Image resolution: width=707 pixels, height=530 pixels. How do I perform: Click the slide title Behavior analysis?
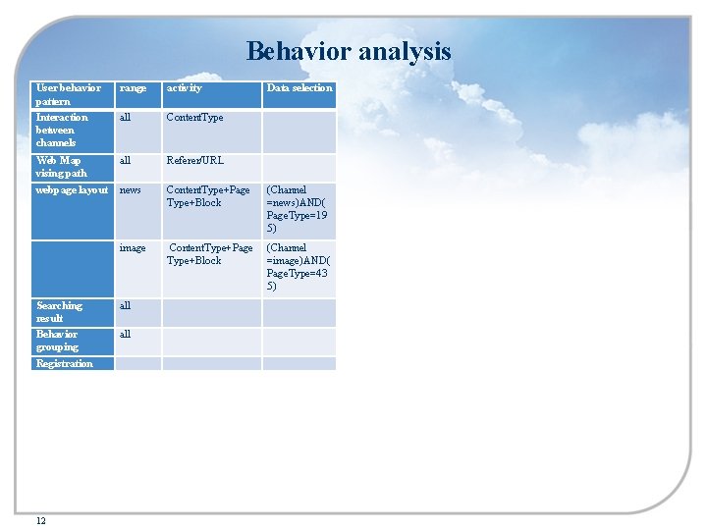[x=349, y=51]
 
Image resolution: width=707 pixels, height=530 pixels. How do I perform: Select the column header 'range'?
[x=133, y=88]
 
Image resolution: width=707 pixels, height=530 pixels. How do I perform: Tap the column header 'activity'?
[x=185, y=88]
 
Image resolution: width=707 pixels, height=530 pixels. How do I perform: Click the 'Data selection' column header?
[x=299, y=88]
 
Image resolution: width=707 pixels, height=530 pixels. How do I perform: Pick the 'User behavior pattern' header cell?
[x=68, y=94]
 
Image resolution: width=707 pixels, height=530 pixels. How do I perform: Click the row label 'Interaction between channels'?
[x=62, y=130]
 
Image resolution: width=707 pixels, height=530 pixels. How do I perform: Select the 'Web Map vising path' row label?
[x=61, y=167]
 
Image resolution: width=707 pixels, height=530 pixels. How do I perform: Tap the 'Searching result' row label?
[x=59, y=312]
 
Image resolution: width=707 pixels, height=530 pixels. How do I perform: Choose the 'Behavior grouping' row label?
[x=57, y=341]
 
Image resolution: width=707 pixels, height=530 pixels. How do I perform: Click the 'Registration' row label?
[x=64, y=364]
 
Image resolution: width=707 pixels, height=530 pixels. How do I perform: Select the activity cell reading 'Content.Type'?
[x=194, y=118]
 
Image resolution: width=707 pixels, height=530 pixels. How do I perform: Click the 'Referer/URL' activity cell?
[x=194, y=161]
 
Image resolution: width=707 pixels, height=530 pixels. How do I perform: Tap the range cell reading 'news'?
[x=130, y=190]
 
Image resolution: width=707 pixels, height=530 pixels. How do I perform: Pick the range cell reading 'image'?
[x=133, y=248]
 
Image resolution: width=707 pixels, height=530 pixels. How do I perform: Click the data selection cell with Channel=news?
[x=299, y=209]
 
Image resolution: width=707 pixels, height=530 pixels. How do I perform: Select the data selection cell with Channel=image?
[x=299, y=267]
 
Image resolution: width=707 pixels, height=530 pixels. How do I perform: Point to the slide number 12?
[x=40, y=520]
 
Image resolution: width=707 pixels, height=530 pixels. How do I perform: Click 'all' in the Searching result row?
[x=125, y=306]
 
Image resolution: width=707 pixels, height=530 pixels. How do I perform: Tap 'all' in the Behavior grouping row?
[x=125, y=335]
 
